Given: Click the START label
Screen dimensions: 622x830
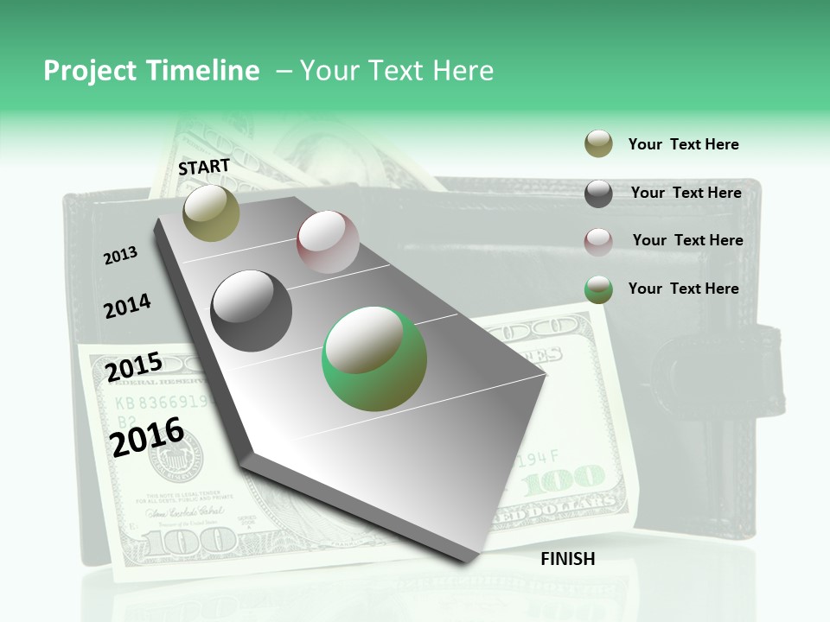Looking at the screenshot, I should click(x=204, y=166).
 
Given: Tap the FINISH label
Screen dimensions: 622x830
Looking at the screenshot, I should click(x=567, y=559).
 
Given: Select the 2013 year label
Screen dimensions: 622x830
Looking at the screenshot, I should click(x=120, y=256).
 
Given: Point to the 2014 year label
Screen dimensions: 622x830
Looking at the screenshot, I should click(x=127, y=306).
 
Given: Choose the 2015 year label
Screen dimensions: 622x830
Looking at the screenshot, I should click(x=134, y=367).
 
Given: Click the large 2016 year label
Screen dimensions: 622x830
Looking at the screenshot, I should click(x=148, y=437).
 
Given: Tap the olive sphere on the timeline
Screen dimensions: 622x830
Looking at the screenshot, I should click(x=211, y=213).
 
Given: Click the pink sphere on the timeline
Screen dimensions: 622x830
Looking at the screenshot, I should click(x=328, y=242).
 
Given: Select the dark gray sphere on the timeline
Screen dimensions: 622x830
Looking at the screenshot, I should click(x=252, y=311).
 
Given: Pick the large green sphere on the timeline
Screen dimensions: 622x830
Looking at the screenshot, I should click(x=374, y=359).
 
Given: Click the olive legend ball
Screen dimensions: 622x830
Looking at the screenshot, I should click(x=598, y=144).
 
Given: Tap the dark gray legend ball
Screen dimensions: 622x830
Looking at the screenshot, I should click(x=598, y=194).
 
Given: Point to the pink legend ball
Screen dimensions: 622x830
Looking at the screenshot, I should click(x=598, y=241).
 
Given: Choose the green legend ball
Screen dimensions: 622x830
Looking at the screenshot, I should click(x=598, y=289).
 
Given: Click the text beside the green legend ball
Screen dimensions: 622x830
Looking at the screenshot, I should click(x=683, y=289).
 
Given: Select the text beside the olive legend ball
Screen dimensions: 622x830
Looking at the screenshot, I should click(x=683, y=144).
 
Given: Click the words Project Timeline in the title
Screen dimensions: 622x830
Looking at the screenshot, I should click(x=151, y=71).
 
